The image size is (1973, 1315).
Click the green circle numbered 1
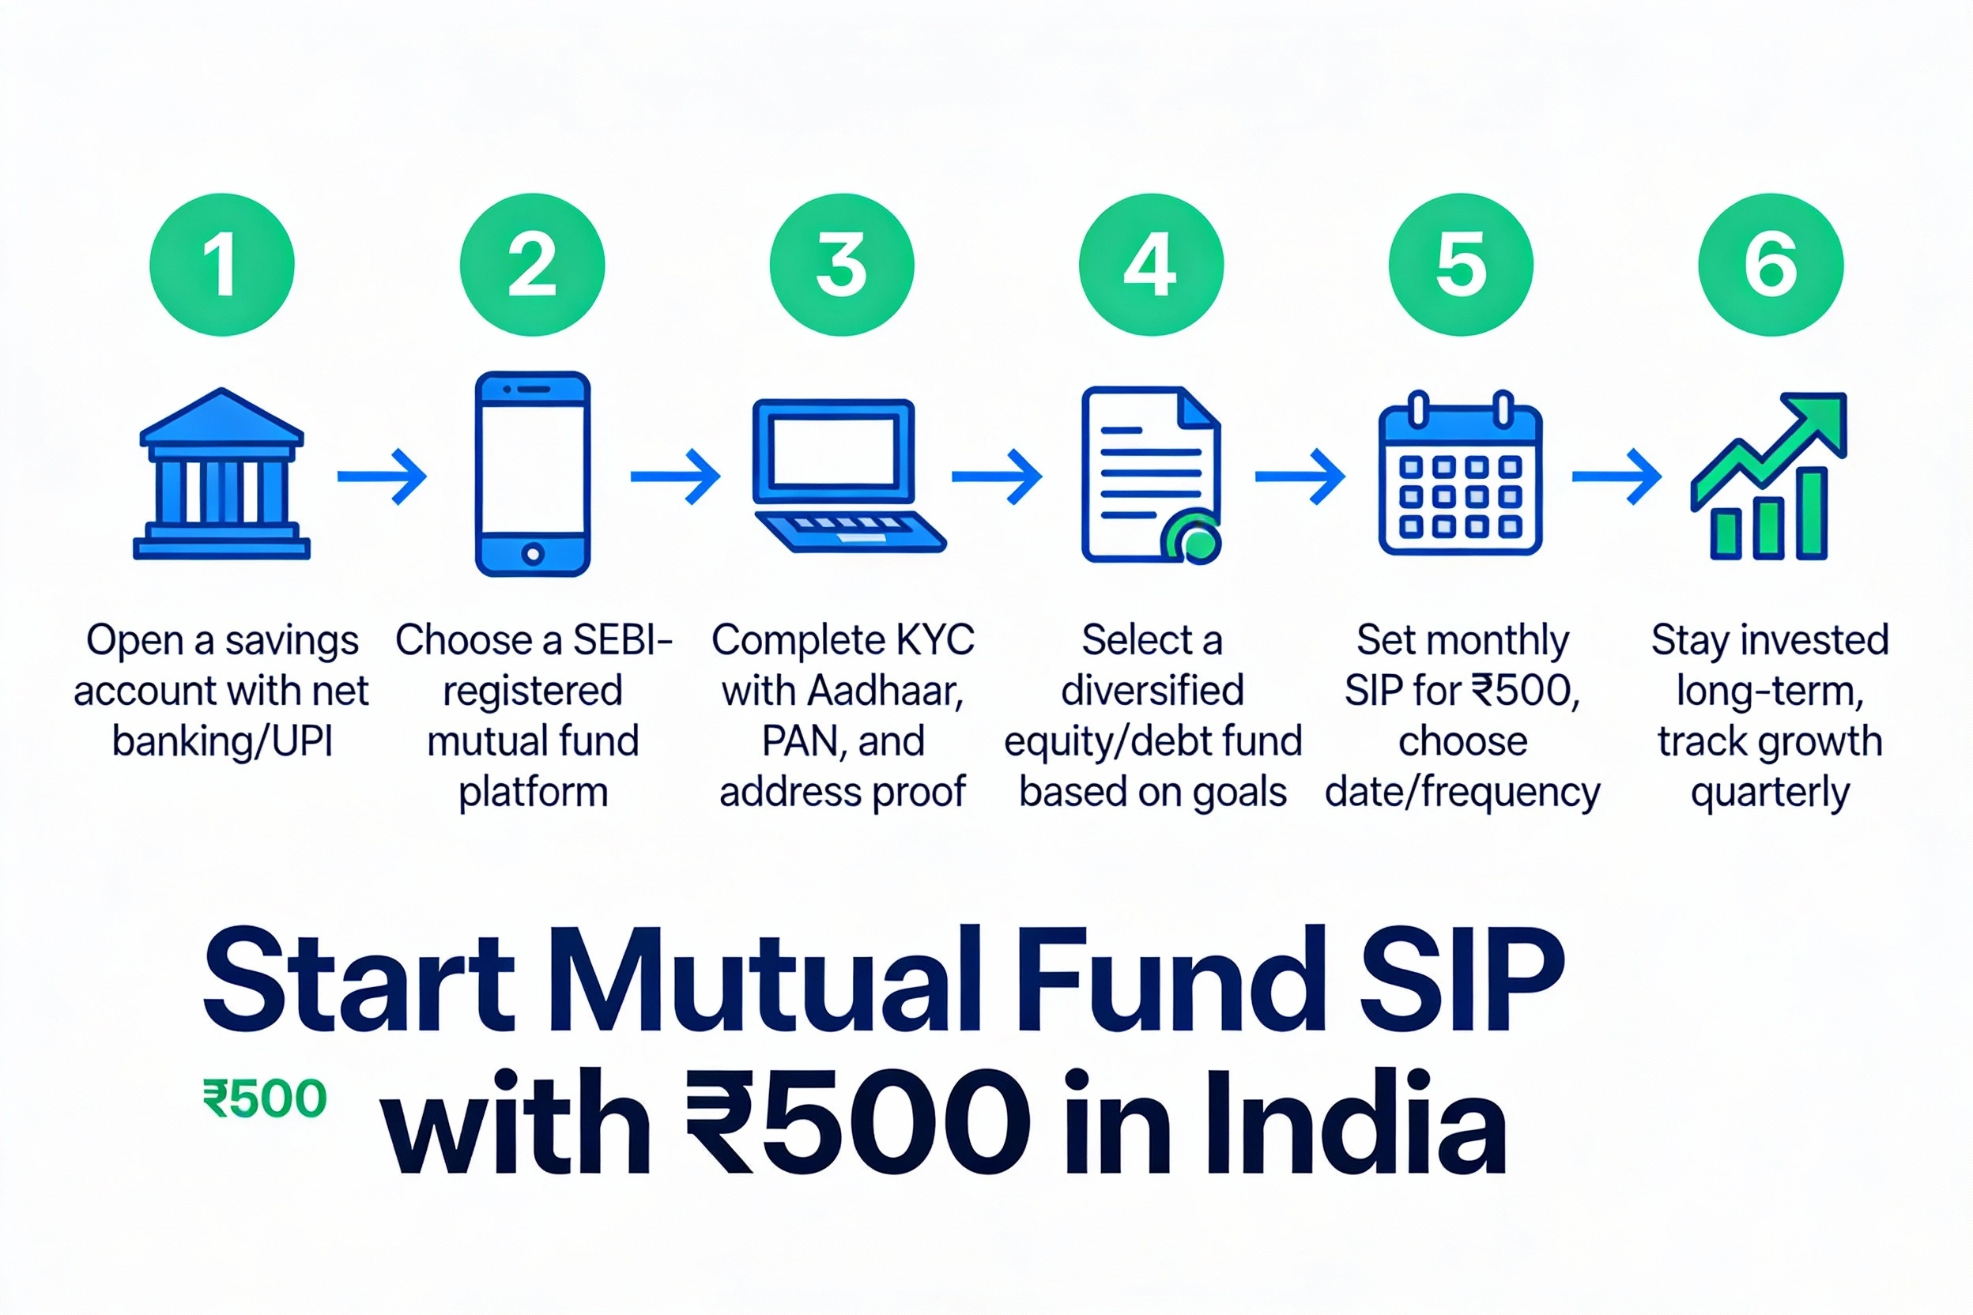click(x=222, y=265)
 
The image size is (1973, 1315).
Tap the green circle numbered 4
click(x=1151, y=265)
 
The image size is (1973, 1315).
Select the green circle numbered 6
click(x=1771, y=265)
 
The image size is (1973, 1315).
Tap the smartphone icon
click(x=533, y=475)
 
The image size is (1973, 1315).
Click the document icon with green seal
click(x=1151, y=475)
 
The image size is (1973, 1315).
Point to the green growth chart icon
click(x=1769, y=477)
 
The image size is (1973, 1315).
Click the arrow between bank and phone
click(x=383, y=477)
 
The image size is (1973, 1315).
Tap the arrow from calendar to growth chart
click(x=1616, y=477)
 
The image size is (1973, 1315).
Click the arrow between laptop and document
click(x=997, y=477)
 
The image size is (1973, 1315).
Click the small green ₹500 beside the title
click(x=264, y=1099)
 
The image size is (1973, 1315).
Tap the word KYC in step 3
click(x=934, y=641)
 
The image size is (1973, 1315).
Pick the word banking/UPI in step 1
click(x=222, y=742)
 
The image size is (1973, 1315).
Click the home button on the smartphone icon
click(x=533, y=553)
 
